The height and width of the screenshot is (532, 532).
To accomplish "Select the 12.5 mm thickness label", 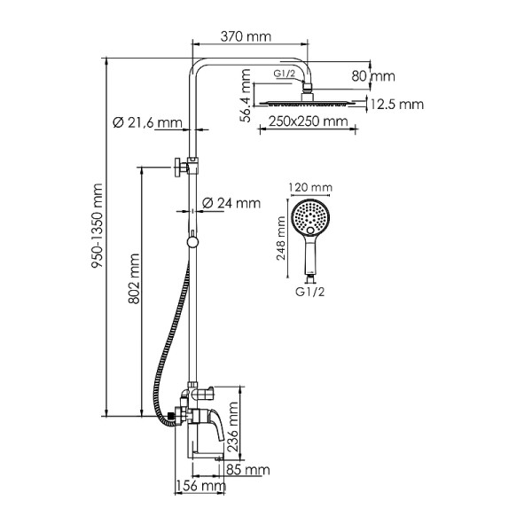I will [397, 105].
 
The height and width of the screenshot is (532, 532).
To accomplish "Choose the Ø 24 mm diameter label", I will [231, 203].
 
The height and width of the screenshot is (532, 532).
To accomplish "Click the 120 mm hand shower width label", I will [310, 187].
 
